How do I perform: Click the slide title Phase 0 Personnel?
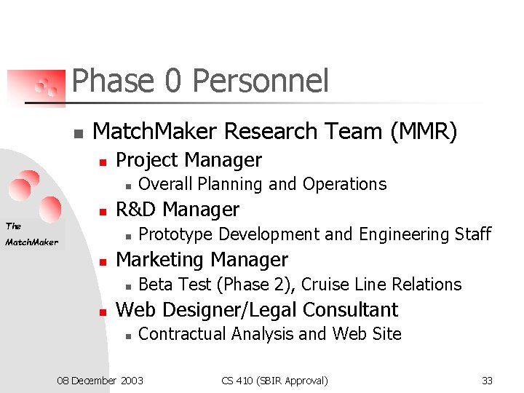(200, 81)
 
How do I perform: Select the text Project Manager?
(188, 160)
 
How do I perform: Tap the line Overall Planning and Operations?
(262, 184)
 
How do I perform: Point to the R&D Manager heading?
(178, 210)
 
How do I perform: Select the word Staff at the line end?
(473, 234)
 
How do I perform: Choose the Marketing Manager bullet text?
(202, 260)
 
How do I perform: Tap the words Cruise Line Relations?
(381, 285)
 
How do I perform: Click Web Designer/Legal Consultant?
(257, 310)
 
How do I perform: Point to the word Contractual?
(179, 334)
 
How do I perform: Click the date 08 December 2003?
(100, 381)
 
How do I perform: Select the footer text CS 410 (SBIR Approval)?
(274, 381)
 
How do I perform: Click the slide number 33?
(487, 381)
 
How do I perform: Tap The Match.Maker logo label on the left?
(31, 234)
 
